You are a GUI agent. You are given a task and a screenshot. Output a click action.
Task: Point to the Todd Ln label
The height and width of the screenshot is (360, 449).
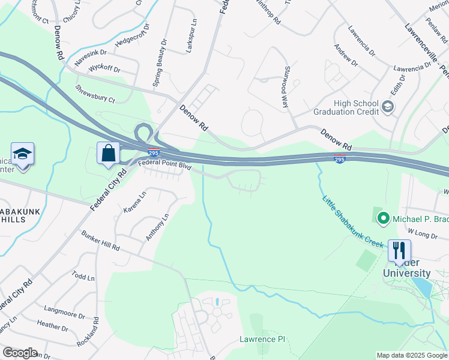click(x=83, y=277)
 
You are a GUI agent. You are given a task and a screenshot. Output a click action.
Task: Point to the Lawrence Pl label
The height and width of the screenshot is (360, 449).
click(x=262, y=340)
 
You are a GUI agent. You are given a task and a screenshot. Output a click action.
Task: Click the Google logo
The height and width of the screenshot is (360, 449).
click(x=20, y=353)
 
